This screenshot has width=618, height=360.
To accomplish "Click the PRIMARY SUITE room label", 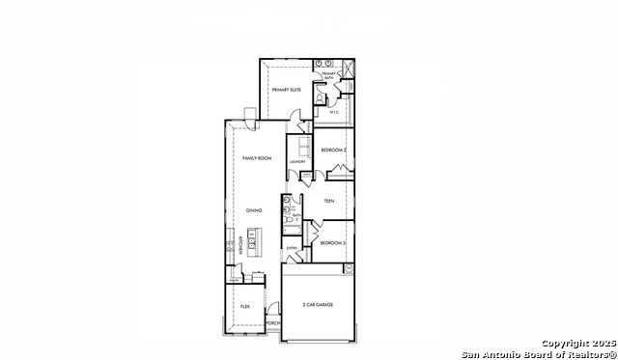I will (x=287, y=89).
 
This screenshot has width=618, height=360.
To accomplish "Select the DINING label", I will (x=253, y=210).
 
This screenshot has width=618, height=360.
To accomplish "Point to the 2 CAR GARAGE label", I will (x=318, y=304).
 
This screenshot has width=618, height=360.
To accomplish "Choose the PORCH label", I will (x=272, y=322).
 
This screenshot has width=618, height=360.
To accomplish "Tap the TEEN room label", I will (x=328, y=201).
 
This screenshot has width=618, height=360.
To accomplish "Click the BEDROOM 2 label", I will (x=334, y=150).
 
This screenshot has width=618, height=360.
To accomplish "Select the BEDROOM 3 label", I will (x=333, y=241).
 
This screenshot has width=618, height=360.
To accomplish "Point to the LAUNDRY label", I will (x=297, y=161).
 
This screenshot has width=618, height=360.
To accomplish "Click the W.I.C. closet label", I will (x=334, y=112).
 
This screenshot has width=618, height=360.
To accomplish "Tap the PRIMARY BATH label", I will (x=328, y=75).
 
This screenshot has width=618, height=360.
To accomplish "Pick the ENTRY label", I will (x=292, y=248).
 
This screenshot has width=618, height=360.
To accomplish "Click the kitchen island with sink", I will (x=254, y=238).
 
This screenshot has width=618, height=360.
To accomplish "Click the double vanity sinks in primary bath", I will (x=322, y=63).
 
